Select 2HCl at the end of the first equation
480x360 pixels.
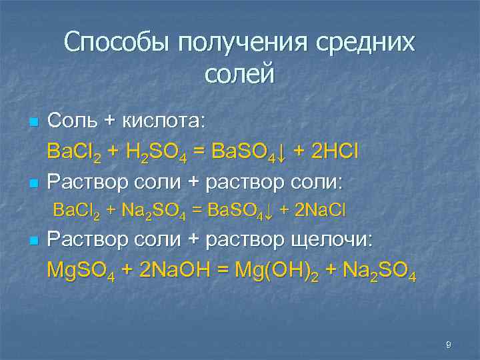[x=326, y=151]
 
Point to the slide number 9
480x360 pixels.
[x=449, y=345]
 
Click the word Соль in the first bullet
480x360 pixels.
[x=73, y=121]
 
